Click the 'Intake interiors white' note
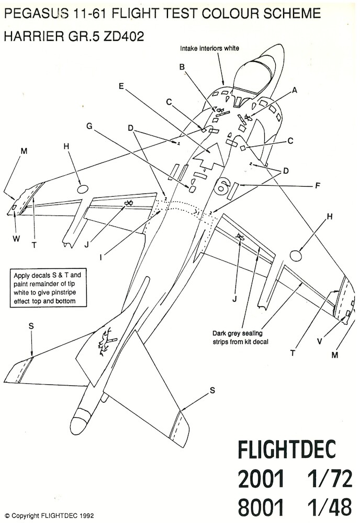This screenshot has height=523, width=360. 210,48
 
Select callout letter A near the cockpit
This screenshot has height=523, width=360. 295,90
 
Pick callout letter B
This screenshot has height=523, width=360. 182,67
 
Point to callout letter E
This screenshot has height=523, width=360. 121,87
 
